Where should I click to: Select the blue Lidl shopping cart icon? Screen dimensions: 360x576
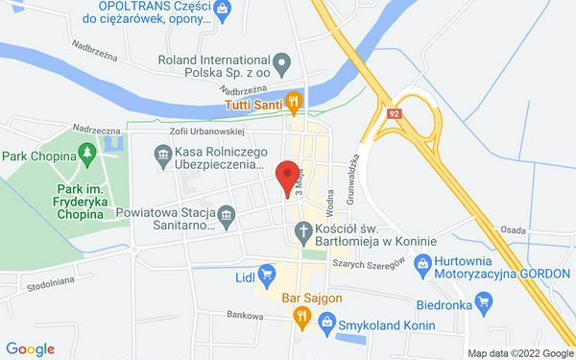click(268, 276)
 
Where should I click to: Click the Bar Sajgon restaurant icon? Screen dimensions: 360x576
click(301, 316)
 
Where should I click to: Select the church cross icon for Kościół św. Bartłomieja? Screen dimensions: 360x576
click(302, 231)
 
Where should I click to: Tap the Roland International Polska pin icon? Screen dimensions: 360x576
click(282, 65)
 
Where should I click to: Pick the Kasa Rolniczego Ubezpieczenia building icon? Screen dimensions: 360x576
click(164, 153)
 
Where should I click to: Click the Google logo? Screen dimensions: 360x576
click(31, 349)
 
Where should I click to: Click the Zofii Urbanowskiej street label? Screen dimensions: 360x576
click(207, 131)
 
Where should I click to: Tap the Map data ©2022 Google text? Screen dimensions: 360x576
click(520, 352)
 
